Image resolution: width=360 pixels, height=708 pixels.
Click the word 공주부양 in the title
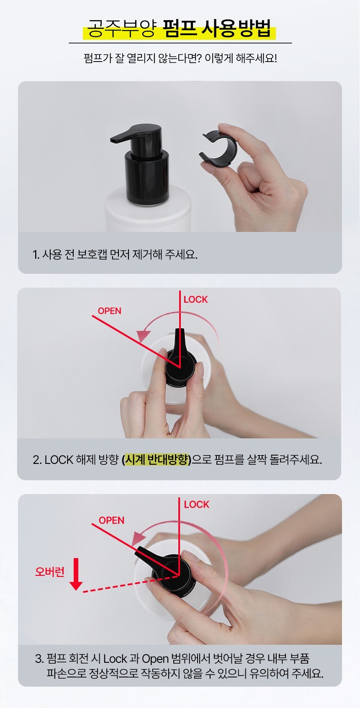121,29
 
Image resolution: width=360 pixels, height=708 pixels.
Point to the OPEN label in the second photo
109,311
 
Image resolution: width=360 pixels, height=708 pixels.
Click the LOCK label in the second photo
195,300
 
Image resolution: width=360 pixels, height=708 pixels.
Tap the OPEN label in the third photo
111,520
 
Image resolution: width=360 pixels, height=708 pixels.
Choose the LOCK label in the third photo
197,505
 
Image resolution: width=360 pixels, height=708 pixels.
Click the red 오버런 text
50,571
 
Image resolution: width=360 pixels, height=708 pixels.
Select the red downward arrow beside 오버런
76,574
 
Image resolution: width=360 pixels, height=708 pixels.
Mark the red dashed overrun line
131,584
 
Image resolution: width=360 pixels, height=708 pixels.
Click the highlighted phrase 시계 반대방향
157,460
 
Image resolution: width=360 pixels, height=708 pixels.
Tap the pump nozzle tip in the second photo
180,331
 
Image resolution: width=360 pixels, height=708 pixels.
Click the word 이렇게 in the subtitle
219,58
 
